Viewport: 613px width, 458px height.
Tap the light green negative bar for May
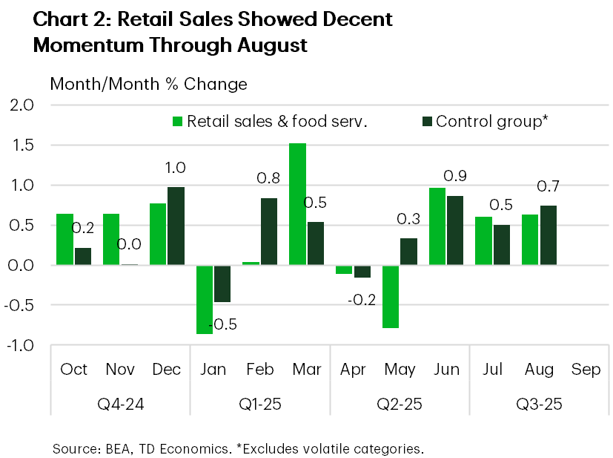coord(391,296)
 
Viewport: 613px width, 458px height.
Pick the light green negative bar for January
coord(204,299)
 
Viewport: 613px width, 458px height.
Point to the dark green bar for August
coord(548,235)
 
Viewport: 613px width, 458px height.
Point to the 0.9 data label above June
coord(454,176)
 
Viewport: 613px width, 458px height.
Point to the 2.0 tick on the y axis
coord(22,105)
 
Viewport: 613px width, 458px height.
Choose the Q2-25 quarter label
coord(399,405)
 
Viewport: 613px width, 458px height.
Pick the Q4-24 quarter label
coord(120,405)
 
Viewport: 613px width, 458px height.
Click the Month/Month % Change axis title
coord(148,84)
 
